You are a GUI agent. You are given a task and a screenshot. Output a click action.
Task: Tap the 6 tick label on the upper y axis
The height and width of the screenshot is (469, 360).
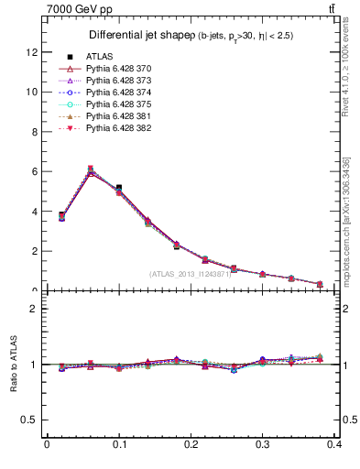click(34, 171)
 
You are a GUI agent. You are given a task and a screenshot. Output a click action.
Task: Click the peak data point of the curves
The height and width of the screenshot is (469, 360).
click(90, 169)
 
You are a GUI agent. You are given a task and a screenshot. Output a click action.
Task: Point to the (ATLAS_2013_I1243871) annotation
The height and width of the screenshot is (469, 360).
click(191, 274)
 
